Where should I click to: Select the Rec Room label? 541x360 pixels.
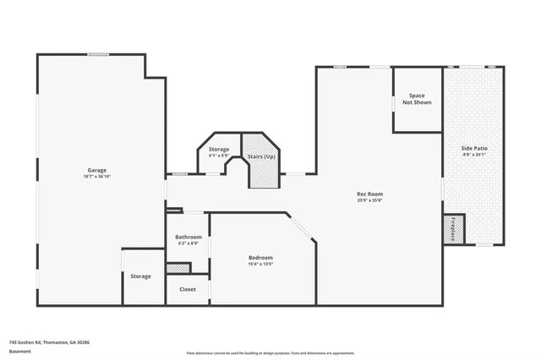coord(369,194)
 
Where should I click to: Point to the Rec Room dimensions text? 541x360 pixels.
coord(369,201)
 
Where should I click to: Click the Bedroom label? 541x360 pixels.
coord(260,258)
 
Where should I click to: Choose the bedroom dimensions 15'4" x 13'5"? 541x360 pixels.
coord(260,265)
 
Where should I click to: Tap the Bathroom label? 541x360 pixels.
coord(189,237)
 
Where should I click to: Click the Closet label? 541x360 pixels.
coord(188,289)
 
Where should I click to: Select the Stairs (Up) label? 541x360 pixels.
coord(260,157)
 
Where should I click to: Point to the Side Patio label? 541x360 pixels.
coord(474,148)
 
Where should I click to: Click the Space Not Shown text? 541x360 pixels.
coord(417,99)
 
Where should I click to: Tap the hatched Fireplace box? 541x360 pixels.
coord(454,229)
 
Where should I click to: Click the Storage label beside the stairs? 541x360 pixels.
coord(219,150)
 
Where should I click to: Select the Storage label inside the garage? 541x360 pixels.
coord(140,276)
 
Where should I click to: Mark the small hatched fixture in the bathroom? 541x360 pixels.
coord(178,269)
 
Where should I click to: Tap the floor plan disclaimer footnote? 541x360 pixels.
coord(270,352)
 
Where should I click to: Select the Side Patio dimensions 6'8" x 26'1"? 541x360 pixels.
coord(474,155)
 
